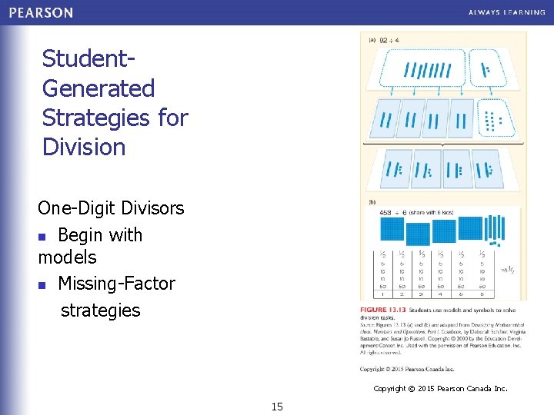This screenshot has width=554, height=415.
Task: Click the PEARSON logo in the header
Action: point(41,12)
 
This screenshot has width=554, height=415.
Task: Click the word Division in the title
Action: point(84,146)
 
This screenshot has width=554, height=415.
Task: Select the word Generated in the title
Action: point(98,88)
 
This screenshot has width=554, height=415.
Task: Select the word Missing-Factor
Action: point(116,284)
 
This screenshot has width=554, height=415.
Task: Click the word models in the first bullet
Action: point(68,257)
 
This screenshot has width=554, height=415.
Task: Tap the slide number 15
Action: point(277,406)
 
